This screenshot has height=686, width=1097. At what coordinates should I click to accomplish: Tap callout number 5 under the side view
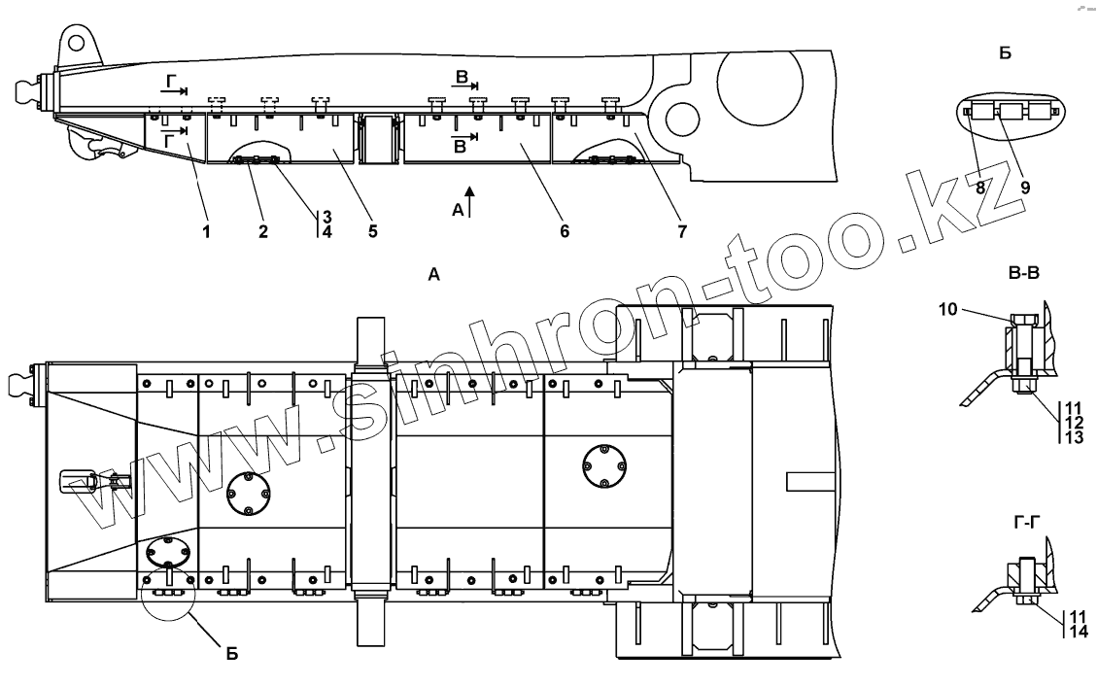(373, 231)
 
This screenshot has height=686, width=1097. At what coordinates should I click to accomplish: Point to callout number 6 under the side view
(564, 231)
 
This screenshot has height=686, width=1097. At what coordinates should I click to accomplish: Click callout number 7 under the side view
(682, 231)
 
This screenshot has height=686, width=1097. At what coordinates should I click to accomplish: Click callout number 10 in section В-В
(948, 309)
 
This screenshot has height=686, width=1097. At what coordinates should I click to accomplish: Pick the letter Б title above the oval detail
(1005, 52)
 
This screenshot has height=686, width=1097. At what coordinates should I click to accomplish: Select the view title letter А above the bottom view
(433, 276)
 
